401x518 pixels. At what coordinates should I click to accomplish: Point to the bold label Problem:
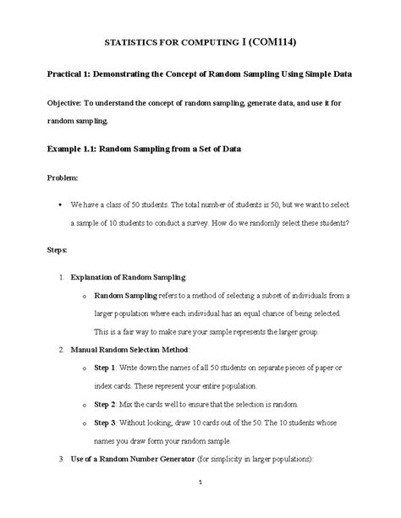(x=61, y=178)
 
